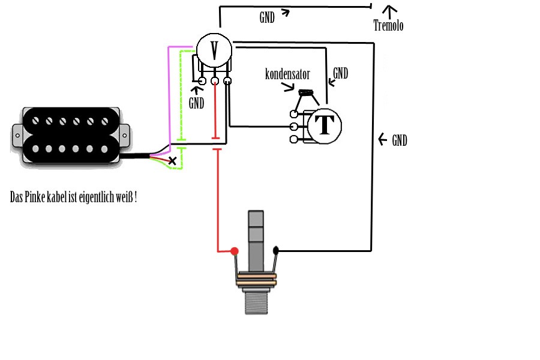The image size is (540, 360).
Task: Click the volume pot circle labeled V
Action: (x=214, y=50)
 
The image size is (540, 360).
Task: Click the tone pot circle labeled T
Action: (x=324, y=126)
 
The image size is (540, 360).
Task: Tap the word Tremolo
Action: (x=388, y=25)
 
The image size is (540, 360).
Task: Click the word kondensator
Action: (x=287, y=74)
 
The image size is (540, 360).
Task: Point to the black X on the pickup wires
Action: (x=172, y=161)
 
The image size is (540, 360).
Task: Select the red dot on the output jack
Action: (x=235, y=251)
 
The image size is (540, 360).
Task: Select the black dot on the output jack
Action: (x=275, y=250)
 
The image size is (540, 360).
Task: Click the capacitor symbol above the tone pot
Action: (x=305, y=92)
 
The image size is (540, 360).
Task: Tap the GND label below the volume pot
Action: (x=196, y=103)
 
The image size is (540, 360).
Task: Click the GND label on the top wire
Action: (x=267, y=17)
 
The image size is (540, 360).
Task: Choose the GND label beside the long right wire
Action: (x=400, y=140)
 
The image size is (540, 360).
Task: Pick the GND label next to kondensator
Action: (x=340, y=73)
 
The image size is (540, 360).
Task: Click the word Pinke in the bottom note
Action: (x=35, y=197)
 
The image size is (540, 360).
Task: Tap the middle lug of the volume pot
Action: (x=215, y=81)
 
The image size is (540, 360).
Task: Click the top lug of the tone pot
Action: (x=294, y=113)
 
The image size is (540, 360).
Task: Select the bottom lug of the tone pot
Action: (x=294, y=139)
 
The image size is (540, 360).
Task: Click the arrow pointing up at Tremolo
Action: (x=389, y=12)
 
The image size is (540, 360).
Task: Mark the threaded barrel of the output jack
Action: (x=256, y=301)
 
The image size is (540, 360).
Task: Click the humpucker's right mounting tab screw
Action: (x=124, y=136)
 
